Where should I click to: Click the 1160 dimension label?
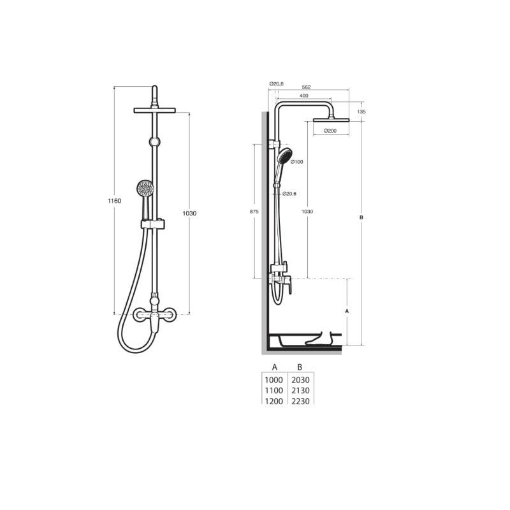pyautogui.click(x=114, y=201)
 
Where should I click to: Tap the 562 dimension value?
pyautogui.click(x=307, y=87)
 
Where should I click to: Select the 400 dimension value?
pyautogui.click(x=304, y=96)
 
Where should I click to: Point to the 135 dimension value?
pyautogui.click(x=361, y=112)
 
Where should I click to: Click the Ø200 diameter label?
pyautogui.click(x=330, y=131)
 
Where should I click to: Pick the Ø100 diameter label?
pyautogui.click(x=296, y=162)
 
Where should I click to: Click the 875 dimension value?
pyautogui.click(x=254, y=212)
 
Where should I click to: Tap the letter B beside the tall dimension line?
pyautogui.click(x=361, y=217)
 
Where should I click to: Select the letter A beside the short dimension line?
pyautogui.click(x=347, y=311)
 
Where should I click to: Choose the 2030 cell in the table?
pyautogui.click(x=300, y=380)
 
